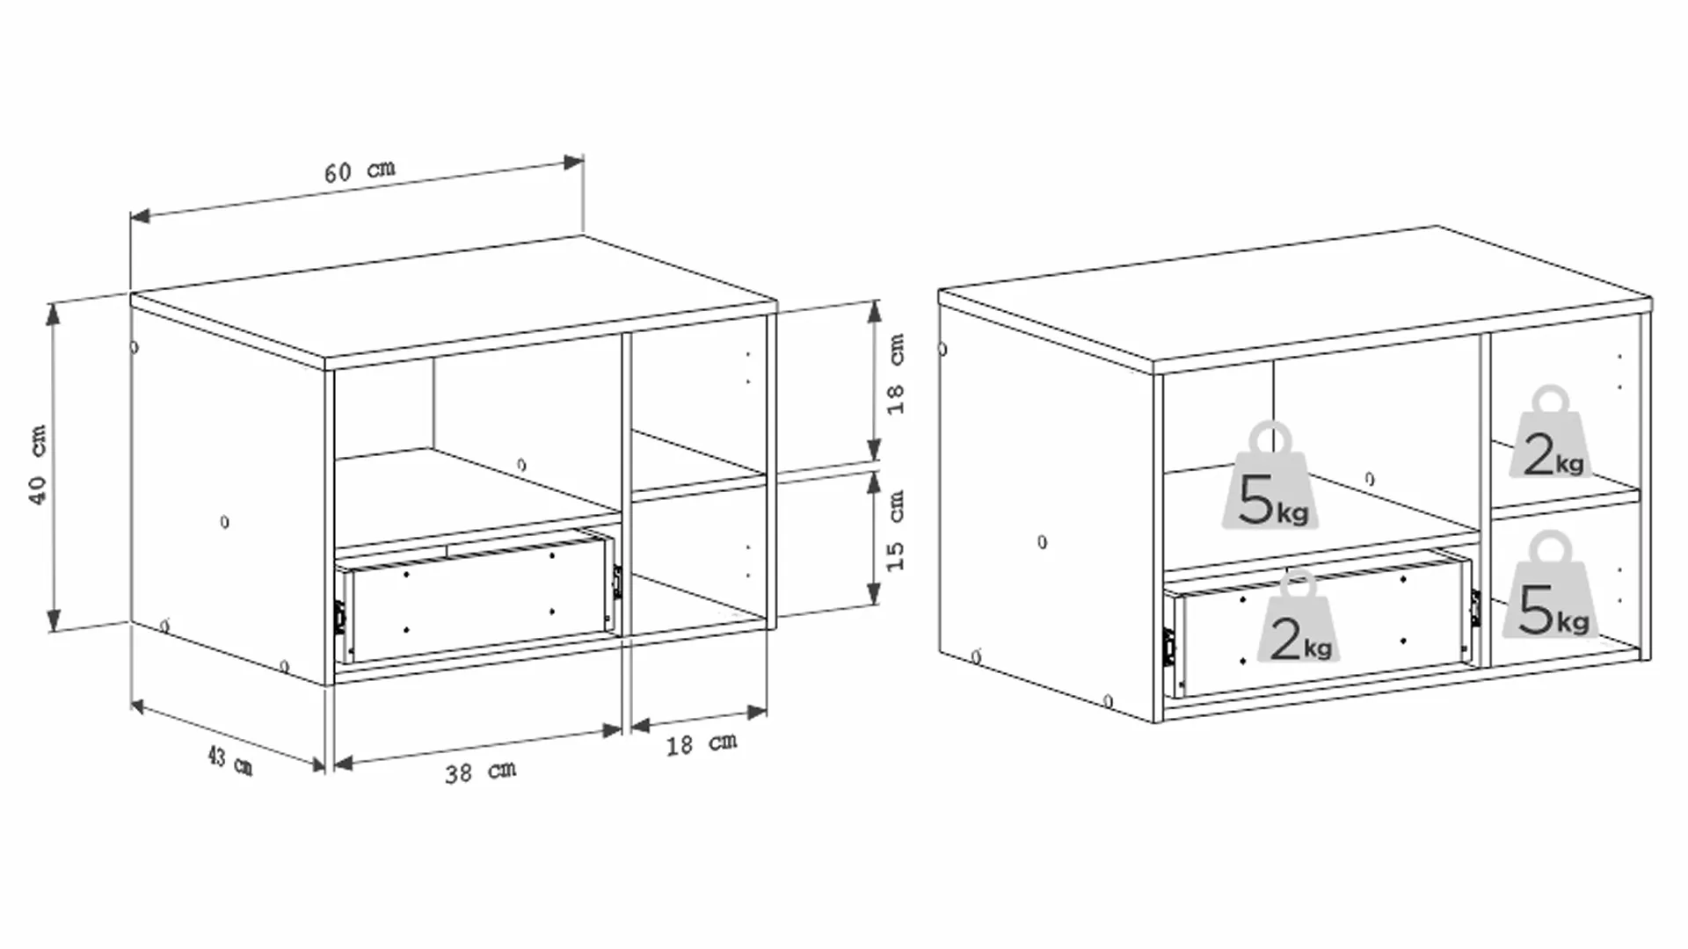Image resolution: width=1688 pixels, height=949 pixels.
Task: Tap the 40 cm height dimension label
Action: (x=38, y=465)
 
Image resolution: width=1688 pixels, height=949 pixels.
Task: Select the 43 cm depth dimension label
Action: (x=229, y=760)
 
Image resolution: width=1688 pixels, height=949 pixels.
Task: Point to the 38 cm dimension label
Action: (x=480, y=772)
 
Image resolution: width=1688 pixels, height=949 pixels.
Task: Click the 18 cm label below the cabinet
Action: (x=701, y=744)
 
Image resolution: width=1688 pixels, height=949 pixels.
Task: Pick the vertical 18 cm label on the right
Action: (x=895, y=374)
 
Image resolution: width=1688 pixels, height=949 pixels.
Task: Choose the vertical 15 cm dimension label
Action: (x=895, y=531)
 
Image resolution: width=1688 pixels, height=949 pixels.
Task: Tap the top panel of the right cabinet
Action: (x=1294, y=295)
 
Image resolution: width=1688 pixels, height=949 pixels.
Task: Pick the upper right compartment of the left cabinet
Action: (x=699, y=409)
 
